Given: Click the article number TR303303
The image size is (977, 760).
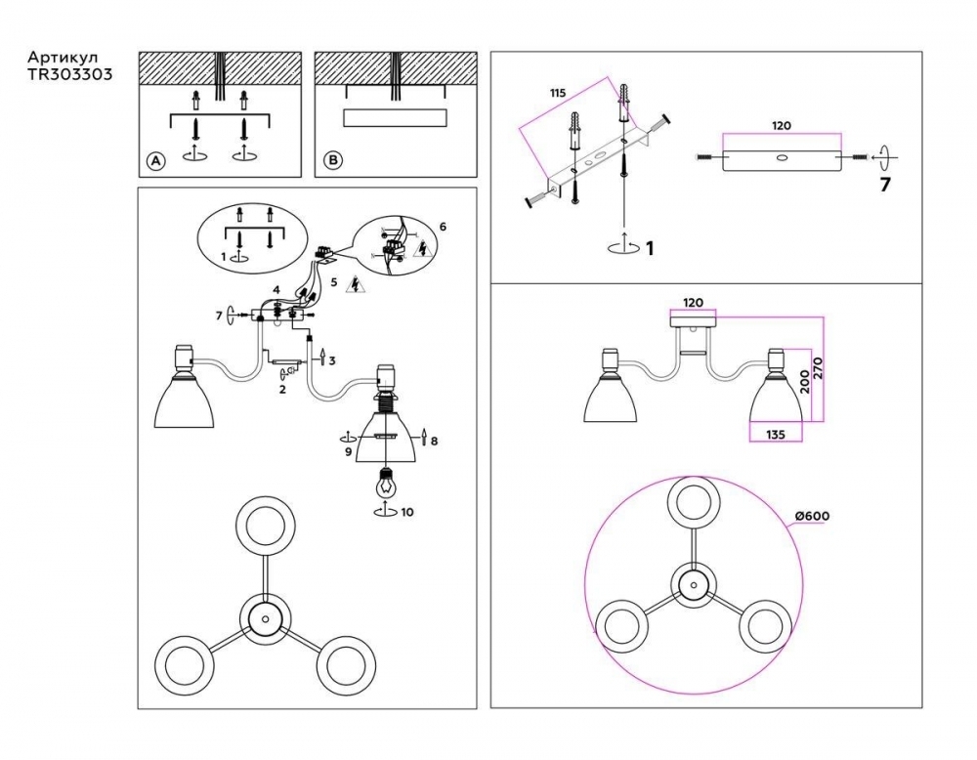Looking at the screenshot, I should (63, 73).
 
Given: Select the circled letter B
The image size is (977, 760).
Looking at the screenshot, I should (332, 160).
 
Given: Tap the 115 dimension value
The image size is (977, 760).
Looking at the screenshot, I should (558, 93).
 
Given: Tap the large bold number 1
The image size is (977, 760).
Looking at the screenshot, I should (649, 249).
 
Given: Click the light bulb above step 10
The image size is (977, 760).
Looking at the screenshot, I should (386, 481).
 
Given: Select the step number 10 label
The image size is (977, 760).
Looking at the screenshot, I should (407, 512).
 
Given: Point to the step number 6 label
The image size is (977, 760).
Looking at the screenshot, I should (442, 227).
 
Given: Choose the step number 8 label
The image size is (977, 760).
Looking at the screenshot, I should (434, 442).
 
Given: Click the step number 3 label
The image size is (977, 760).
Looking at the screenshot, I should (332, 361).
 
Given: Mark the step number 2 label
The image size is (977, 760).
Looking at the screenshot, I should (281, 390).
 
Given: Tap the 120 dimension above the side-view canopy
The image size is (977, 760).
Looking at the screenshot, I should (693, 303).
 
